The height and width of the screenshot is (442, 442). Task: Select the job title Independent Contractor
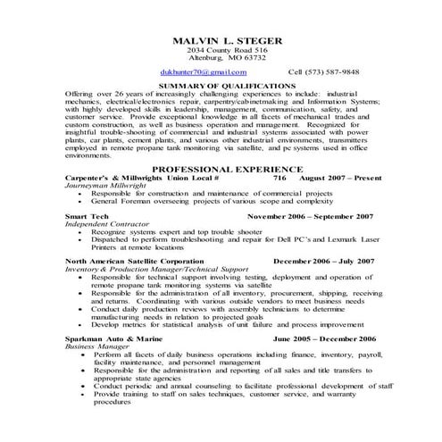108,224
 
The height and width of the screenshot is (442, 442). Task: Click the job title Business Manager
96,347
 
